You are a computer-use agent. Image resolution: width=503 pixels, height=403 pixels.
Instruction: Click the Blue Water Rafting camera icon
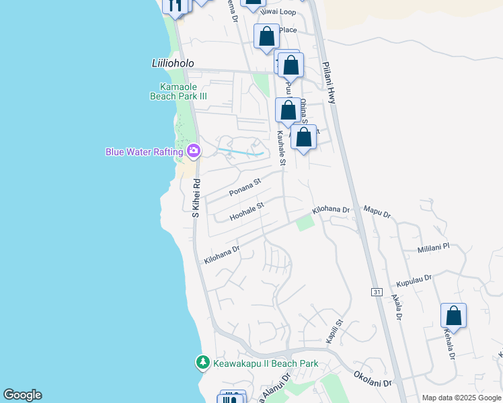(194, 150)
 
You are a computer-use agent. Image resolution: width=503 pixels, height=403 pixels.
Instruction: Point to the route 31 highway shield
(377, 292)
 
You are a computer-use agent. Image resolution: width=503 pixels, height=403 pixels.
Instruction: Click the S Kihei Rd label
(196, 197)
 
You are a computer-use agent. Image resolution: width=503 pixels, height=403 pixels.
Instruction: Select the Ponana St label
(244, 187)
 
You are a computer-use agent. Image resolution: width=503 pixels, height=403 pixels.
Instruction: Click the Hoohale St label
(247, 212)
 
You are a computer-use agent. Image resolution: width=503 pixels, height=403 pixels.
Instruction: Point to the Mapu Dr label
(377, 212)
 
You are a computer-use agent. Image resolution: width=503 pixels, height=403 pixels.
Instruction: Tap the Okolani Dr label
(372, 379)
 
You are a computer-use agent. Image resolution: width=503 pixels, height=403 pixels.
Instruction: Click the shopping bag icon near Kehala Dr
(453, 316)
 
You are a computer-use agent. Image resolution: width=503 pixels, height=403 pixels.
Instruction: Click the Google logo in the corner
(22, 395)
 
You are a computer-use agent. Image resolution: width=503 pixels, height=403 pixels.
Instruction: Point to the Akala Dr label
(397, 306)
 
